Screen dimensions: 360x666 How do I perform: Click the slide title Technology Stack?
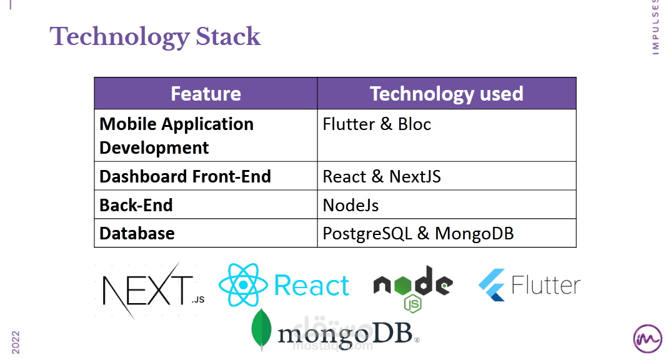click(155, 37)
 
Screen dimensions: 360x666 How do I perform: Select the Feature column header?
click(206, 94)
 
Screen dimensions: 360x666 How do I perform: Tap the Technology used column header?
click(446, 94)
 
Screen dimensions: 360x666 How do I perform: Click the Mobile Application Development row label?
click(176, 136)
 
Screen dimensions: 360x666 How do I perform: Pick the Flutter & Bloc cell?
click(377, 124)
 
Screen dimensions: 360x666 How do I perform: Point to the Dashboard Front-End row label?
click(185, 176)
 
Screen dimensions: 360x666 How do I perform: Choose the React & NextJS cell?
click(382, 176)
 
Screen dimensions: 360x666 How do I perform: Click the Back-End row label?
click(136, 205)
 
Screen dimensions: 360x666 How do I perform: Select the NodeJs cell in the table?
click(350, 205)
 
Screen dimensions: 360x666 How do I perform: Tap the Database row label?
click(137, 233)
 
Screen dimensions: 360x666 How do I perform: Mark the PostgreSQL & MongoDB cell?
click(418, 233)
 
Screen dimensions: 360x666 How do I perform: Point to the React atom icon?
click(243, 285)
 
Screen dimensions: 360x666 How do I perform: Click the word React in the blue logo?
click(311, 286)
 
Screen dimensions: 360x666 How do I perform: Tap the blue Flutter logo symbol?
click(492, 286)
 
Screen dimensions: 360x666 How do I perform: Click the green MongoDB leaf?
click(261, 329)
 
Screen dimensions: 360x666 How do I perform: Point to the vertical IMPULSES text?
click(655, 27)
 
